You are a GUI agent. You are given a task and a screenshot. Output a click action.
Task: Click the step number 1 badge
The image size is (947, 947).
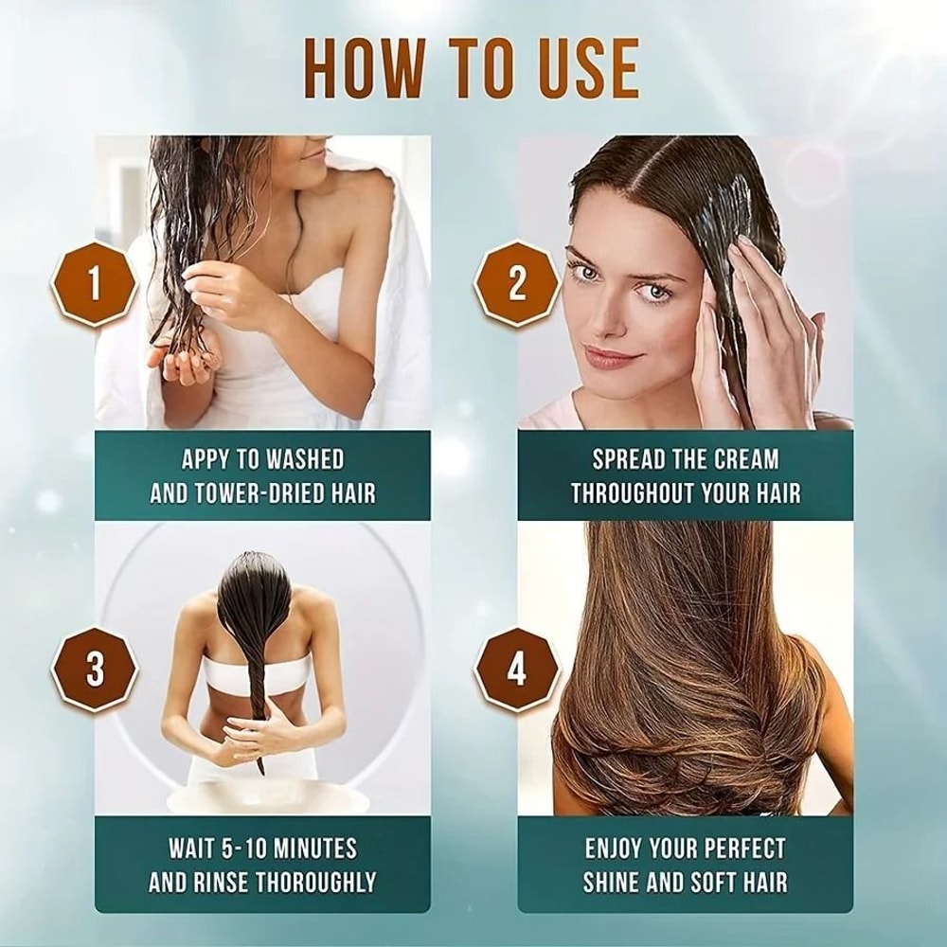pos(94,283)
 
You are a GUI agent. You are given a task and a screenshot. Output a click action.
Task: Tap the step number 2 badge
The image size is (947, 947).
pos(516,283)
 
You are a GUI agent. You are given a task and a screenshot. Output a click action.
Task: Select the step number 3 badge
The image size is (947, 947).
pos(95,669)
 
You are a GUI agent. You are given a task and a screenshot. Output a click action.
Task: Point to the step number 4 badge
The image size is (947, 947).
pos(516,669)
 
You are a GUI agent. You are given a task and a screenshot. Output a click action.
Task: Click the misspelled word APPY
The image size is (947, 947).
pos(205,460)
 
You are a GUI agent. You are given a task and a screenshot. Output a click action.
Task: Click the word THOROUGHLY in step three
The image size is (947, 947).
pos(318,882)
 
